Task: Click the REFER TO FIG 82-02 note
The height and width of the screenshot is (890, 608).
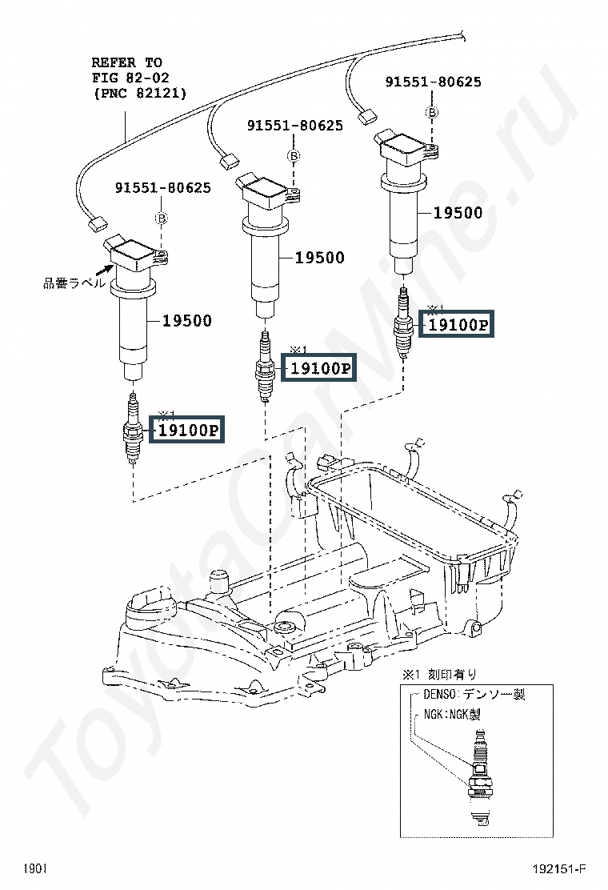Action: coord(139,78)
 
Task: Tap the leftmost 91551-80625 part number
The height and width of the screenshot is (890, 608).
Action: coord(163,187)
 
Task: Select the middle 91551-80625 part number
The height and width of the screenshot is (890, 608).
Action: coord(295,125)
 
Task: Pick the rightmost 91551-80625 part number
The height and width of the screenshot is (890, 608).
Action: coord(434,81)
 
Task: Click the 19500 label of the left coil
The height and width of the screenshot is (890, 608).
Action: coord(187,321)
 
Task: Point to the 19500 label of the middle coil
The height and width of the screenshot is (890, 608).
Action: coord(320,258)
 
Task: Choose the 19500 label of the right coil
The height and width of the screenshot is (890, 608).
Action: coord(458,213)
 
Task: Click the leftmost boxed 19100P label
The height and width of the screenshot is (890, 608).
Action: coord(187,429)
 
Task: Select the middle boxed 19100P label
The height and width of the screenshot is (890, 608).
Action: coord(321,368)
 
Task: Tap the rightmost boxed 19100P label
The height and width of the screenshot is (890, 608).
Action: coord(456,324)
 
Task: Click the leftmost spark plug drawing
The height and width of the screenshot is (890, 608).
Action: coord(131,428)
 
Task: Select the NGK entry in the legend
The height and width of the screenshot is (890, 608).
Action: coord(452,714)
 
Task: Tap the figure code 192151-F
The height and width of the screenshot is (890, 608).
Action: coord(558,869)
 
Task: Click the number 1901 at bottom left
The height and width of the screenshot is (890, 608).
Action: coord(35,869)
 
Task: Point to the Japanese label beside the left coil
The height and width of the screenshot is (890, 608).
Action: coord(74,283)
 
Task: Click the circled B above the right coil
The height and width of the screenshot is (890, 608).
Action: coord(433,112)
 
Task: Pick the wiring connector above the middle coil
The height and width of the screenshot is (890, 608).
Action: coord(228,160)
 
